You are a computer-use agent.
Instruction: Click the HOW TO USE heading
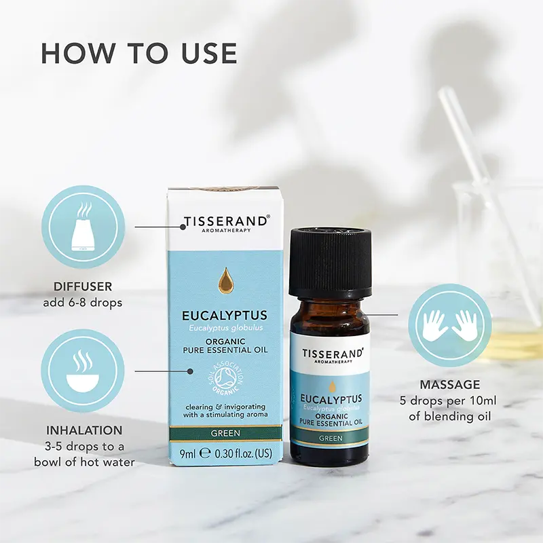[x=139, y=54]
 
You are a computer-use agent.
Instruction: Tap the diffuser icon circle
[x=83, y=226]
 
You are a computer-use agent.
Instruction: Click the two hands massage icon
[x=449, y=326]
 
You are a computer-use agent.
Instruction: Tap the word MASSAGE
[x=450, y=385]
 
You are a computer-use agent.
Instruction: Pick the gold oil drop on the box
[x=225, y=280]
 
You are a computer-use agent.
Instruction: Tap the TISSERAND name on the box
[x=226, y=222]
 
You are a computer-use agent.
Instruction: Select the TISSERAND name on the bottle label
[x=330, y=354]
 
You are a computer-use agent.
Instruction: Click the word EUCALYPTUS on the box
[x=225, y=316]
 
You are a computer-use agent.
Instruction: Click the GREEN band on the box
[x=225, y=433]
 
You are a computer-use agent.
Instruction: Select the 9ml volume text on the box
[x=188, y=454]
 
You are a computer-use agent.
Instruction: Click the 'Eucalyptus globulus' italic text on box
[x=225, y=328]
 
